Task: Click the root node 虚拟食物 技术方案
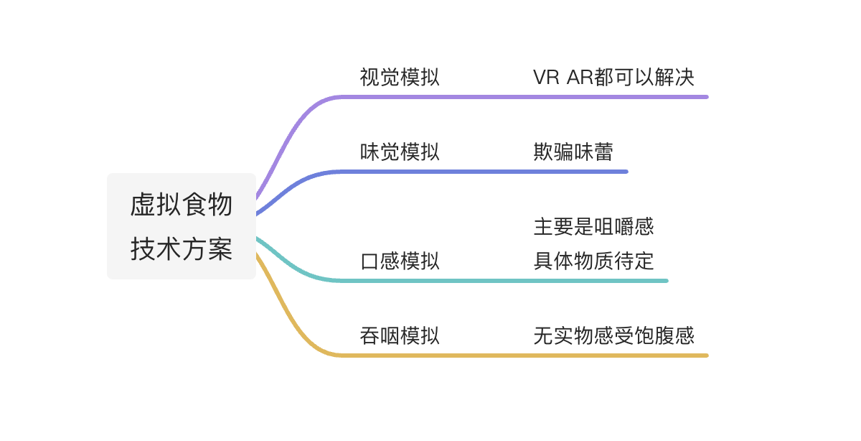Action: pos(182,226)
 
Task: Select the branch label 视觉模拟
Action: pos(400,78)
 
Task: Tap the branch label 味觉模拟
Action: pos(400,152)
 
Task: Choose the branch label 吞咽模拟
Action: pos(400,336)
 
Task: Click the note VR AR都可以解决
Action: pos(613,78)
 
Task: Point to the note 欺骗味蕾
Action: pos(573,152)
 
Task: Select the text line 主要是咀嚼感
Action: pos(593,228)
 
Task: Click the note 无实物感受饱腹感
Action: pos(613,336)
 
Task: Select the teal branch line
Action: pos(502,280)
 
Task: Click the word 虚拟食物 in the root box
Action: pos(182,205)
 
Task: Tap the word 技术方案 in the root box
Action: pos(182,249)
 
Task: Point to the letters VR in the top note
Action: pos(546,78)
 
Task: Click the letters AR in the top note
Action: pos(580,78)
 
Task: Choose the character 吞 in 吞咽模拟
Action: pos(370,336)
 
